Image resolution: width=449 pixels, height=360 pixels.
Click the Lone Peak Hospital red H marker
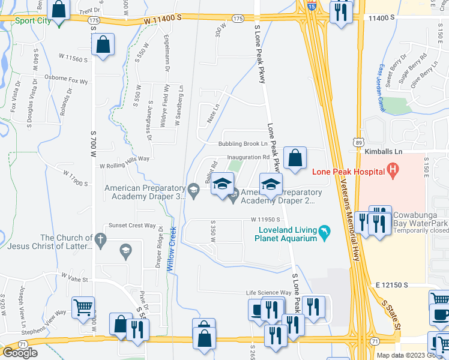[x=393, y=171]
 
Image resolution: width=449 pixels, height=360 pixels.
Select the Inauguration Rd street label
[x=247, y=158]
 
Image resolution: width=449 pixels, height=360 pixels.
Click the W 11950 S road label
[x=262, y=220]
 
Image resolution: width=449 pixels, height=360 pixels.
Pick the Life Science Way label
[x=269, y=293]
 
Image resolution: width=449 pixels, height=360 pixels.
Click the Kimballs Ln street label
[x=385, y=152]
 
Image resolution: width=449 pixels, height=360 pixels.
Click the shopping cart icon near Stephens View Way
[x=83, y=307]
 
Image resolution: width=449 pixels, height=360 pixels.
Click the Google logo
[x=20, y=353]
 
